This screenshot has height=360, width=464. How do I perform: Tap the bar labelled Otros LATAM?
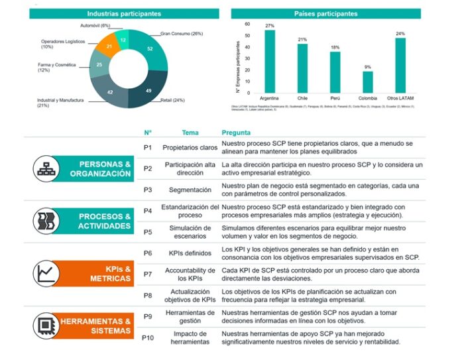tap(400, 66)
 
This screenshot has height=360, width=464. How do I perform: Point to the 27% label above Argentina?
tap(270, 26)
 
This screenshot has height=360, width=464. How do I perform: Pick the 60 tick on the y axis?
tap(247, 24)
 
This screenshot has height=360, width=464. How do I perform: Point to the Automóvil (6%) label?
tap(95, 25)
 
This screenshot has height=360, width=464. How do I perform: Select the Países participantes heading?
tap(325, 13)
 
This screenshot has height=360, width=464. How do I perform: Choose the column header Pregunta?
tap(236, 132)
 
